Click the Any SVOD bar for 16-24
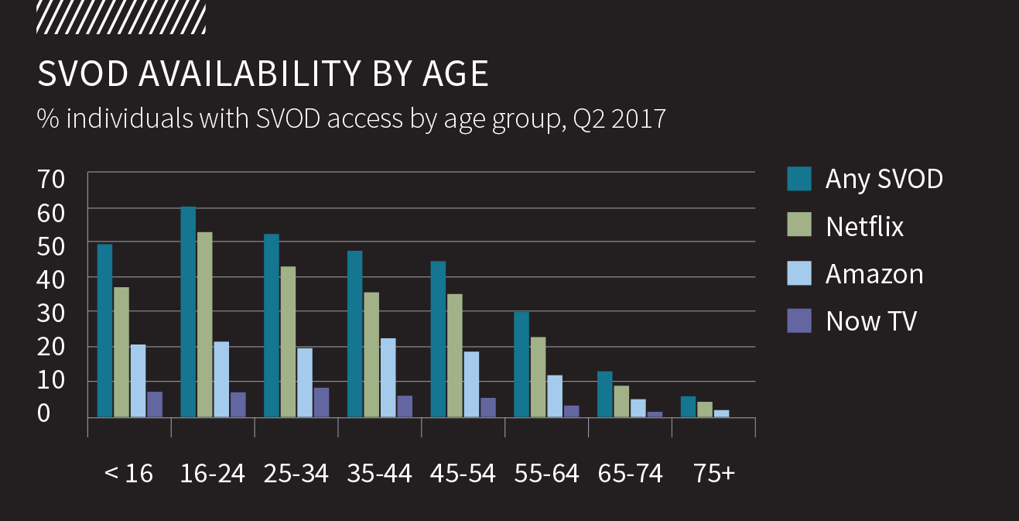(188, 312)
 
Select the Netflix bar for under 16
(121, 352)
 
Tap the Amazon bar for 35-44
(388, 378)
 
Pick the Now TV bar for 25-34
(321, 403)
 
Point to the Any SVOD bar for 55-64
(522, 365)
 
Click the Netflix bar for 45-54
(456, 355)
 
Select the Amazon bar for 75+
(721, 413)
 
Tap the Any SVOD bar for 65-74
(606, 395)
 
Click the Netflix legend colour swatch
(799, 225)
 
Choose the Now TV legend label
(871, 320)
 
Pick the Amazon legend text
(874, 274)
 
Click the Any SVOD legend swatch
(799, 178)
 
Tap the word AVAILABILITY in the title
(249, 74)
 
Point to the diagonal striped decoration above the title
(121, 17)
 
